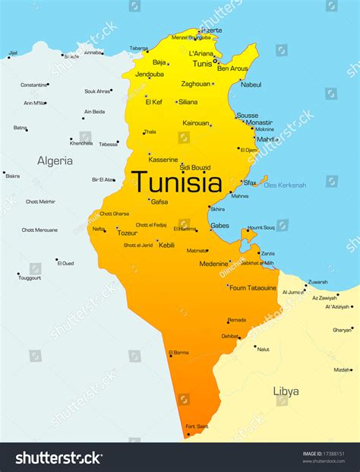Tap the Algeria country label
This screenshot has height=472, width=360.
tap(55, 160)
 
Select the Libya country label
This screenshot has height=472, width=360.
tap(286, 391)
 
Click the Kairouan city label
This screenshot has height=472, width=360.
tap(195, 122)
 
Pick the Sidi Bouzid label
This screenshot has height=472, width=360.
tap(195, 166)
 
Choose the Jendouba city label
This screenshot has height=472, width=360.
tap(150, 74)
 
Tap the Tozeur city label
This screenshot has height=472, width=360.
tap(127, 233)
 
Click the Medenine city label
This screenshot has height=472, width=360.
tap(213, 264)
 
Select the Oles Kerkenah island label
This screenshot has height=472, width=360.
tap(285, 185)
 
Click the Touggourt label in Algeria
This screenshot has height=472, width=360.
tap(30, 278)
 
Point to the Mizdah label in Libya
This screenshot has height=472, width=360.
tap(343, 369)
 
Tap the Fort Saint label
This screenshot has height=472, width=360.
tap(197, 427)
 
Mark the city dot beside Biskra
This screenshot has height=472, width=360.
tap(4, 173)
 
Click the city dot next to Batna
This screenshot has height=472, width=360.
tap(27, 130)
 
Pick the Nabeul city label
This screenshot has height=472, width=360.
tap(251, 84)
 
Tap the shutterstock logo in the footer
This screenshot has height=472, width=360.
tap(59, 458)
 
